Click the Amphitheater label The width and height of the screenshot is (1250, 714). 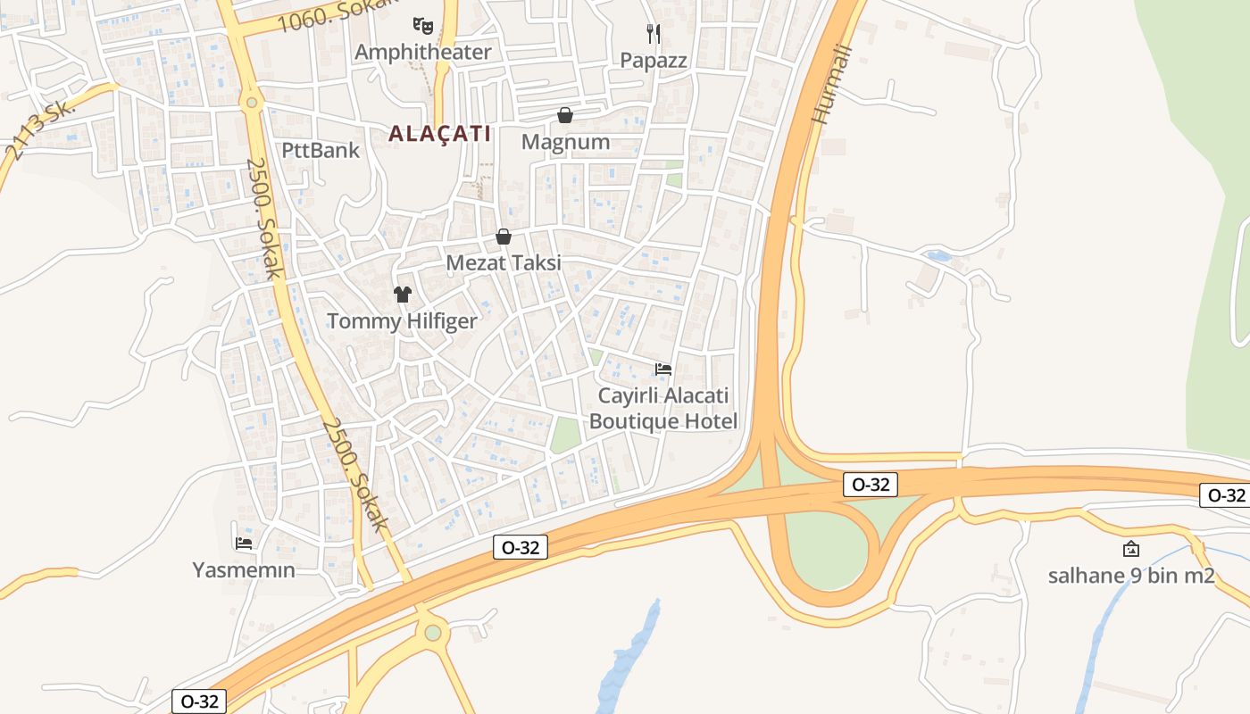tap(422, 52)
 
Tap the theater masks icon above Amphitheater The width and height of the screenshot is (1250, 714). tap(422, 25)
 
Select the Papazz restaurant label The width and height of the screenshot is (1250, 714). tap(654, 60)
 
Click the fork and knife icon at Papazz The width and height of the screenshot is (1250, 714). tap(654, 34)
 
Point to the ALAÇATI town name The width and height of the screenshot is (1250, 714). tap(440, 134)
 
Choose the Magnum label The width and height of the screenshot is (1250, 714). tap(565, 142)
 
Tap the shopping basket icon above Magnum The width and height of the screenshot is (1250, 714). tap(565, 115)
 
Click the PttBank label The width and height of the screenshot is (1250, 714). tap(321, 150)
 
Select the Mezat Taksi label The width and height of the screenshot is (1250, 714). tap(504, 263)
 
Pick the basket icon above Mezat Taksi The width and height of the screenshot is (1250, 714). tap(504, 237)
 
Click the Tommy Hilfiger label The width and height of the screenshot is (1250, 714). tap(402, 320)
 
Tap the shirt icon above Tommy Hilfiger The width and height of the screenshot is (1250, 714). tap(402, 294)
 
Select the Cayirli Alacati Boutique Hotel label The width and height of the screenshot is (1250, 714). tap(663, 408)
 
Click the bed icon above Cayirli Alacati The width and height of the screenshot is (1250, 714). tap(663, 369)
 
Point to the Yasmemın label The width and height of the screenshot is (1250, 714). tap(244, 569)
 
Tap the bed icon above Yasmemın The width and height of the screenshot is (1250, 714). tap(244, 543)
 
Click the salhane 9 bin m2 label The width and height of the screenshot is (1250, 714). tap(1131, 576)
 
